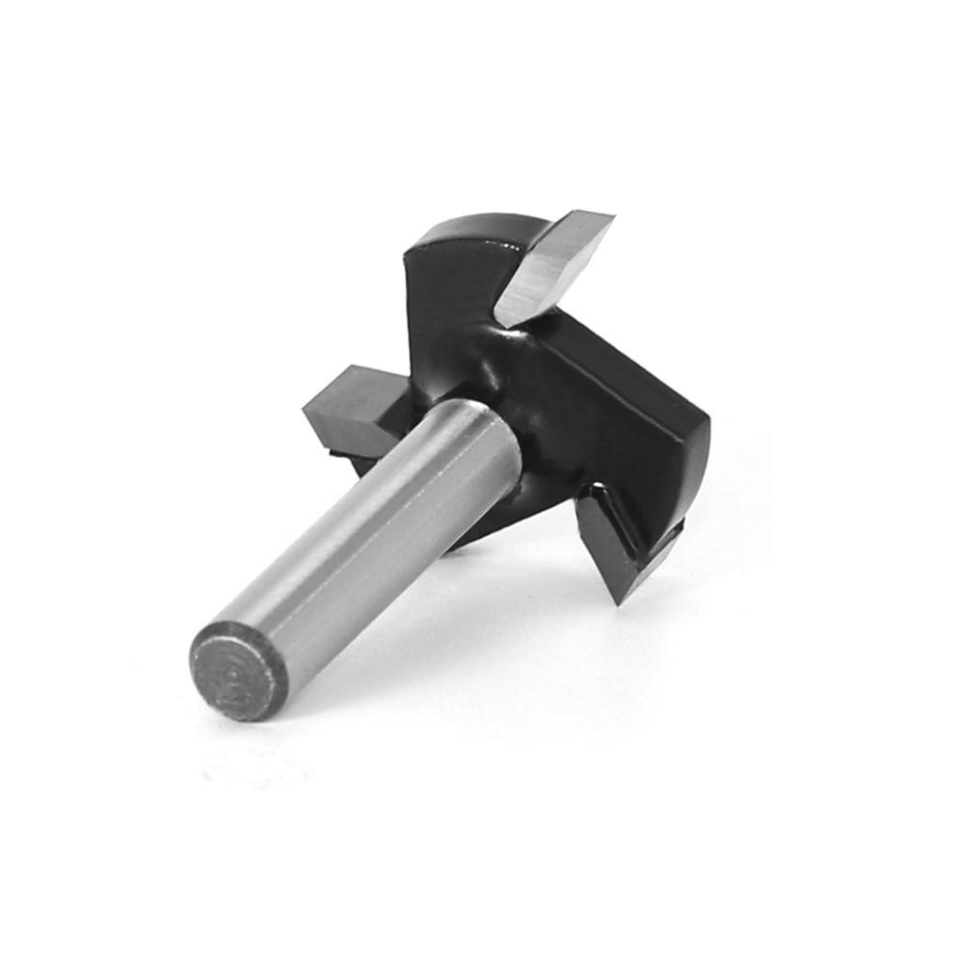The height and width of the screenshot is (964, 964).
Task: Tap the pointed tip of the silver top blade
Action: tap(609, 215)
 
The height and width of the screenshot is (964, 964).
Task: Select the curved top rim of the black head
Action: tap(472, 227)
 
